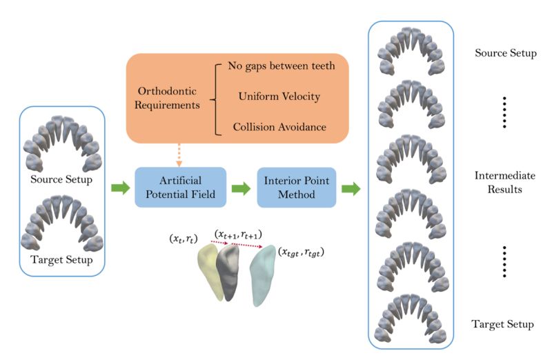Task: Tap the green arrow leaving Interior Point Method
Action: (x=351, y=188)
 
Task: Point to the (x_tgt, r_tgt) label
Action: (x=302, y=252)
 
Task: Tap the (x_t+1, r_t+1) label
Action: (x=237, y=234)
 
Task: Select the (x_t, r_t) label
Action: (x=184, y=239)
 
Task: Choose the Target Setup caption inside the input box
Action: (x=63, y=260)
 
